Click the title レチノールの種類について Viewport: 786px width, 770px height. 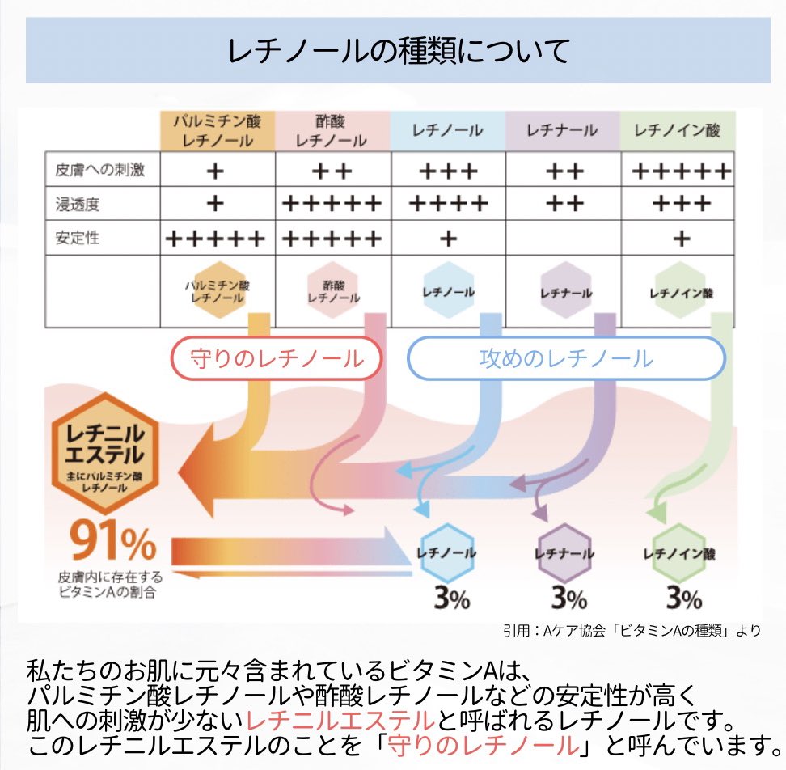pos(399,52)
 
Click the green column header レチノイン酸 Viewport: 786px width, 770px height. pos(677,129)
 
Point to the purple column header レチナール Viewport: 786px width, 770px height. pos(562,129)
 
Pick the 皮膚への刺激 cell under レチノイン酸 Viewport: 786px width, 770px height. pos(681,171)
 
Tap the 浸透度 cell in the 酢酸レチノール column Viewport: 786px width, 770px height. pos(332,204)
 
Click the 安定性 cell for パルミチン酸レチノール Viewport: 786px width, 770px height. pos(215,239)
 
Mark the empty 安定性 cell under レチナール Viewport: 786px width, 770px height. pos(562,239)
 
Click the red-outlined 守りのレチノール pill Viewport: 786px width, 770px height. pos(277,357)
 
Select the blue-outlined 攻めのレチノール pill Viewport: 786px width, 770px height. pos(565,357)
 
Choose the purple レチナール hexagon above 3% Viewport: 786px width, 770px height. pos(564,553)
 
